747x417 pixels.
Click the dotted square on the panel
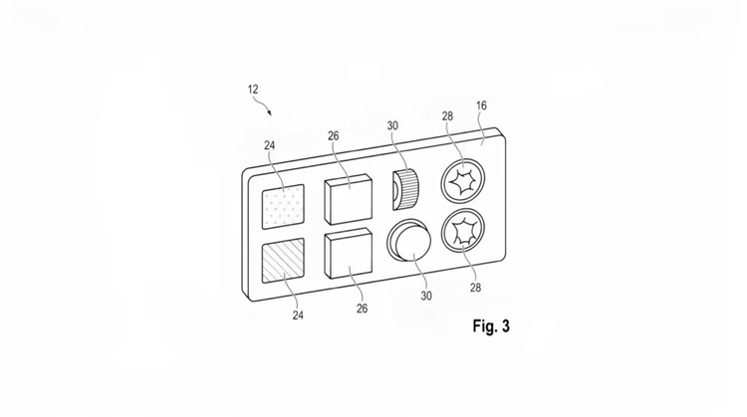283,207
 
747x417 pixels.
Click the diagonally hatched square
283,261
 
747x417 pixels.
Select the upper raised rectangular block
349,199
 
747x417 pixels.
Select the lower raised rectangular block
349,253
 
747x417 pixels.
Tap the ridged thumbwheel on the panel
406,189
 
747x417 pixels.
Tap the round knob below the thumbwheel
409,241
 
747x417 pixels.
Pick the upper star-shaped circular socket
463,181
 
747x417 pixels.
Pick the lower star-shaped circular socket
463,231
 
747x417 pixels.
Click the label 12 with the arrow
253,89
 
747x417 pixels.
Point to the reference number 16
481,105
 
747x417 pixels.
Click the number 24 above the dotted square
270,145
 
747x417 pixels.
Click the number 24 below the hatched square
298,315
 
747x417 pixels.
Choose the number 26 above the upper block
334,136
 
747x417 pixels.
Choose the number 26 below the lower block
363,309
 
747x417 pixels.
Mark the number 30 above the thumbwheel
392,125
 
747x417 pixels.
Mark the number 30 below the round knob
426,296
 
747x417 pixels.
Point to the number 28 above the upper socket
447,116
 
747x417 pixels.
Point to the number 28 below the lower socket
475,288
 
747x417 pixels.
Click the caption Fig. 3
491,326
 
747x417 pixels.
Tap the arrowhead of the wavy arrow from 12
270,113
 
